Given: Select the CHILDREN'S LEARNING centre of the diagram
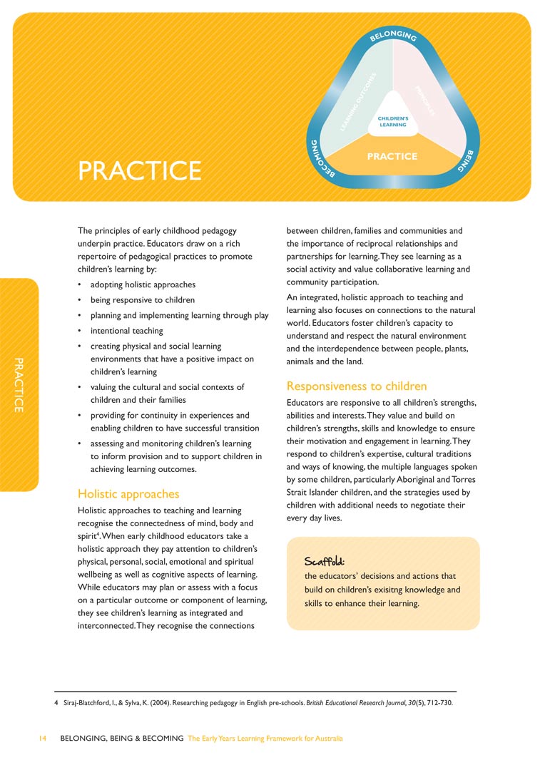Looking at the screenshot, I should click(x=393, y=120).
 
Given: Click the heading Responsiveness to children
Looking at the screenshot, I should click(x=357, y=386).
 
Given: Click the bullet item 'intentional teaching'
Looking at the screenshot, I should click(x=126, y=331).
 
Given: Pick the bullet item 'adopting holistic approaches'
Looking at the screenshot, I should click(x=138, y=285).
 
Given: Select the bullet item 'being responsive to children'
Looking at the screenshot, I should click(x=142, y=300).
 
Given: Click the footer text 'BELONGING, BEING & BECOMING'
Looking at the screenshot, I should click(x=122, y=739).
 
